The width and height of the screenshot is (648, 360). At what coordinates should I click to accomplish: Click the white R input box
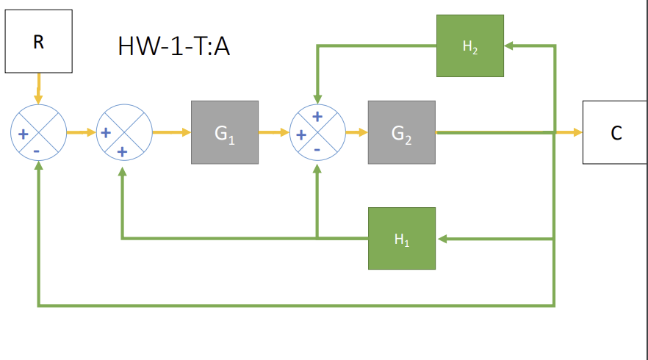pos(38,42)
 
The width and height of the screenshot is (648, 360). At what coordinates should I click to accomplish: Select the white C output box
pos(616,133)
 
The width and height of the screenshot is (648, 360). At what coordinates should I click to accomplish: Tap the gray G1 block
pos(224,133)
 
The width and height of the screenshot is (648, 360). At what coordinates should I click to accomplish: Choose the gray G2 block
pos(401,133)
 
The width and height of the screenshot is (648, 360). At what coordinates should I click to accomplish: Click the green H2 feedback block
pos(469,46)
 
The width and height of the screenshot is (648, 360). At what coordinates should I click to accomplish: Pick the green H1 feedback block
pos(401,238)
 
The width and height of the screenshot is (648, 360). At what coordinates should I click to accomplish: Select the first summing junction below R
pos(37,133)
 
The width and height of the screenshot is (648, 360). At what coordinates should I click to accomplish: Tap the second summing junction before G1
pos(123,133)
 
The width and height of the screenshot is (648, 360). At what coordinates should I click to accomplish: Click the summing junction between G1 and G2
pos(317,133)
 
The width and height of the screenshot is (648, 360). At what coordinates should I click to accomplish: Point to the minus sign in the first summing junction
pos(37,151)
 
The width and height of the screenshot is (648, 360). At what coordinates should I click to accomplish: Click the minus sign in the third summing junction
pos(317,150)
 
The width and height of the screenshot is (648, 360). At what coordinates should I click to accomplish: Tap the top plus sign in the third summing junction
pos(317,116)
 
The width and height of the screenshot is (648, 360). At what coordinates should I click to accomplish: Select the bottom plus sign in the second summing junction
pos(122,151)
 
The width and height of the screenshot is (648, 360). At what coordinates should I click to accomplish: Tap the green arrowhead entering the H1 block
pos(441,238)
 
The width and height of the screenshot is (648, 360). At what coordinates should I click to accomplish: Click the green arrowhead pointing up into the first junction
pos(37,165)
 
